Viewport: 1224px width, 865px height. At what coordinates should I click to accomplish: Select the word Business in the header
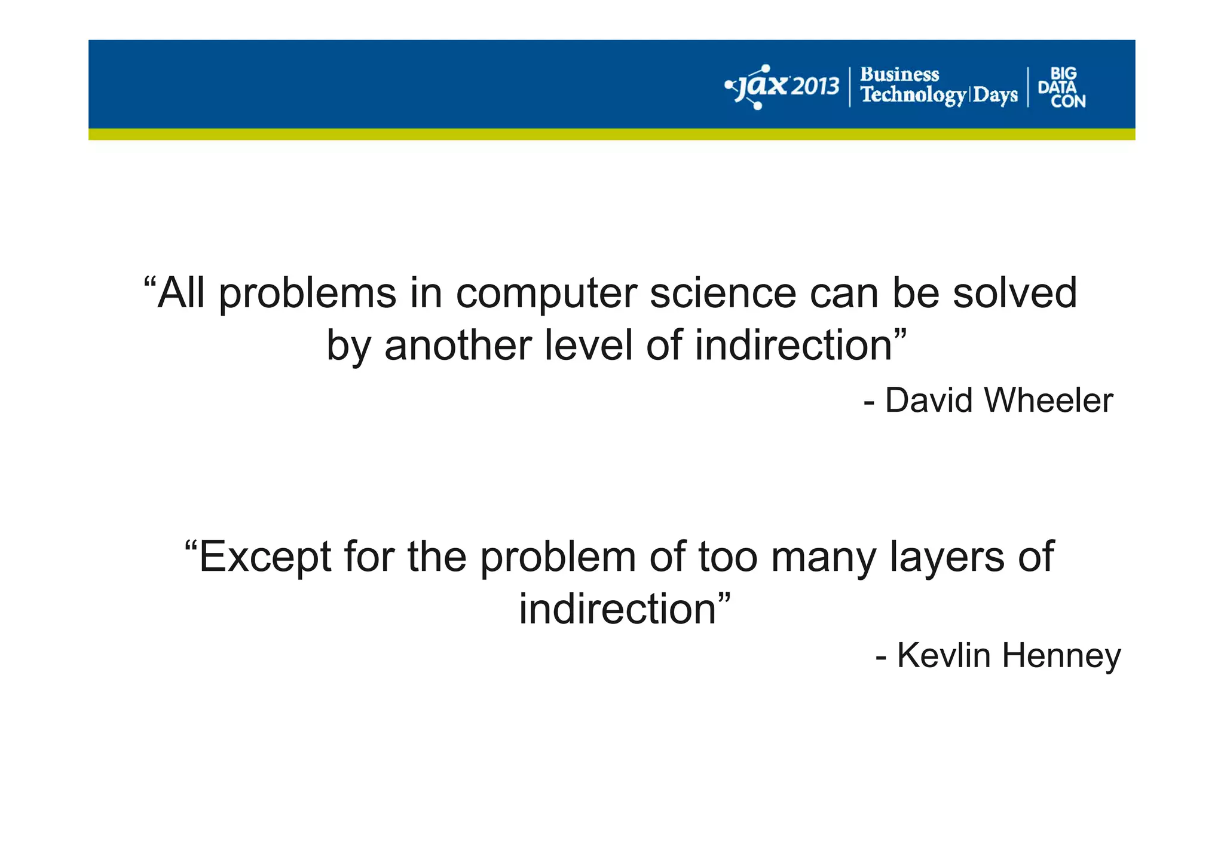pyautogui.click(x=899, y=75)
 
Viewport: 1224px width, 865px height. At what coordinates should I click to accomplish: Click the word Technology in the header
pyautogui.click(x=913, y=96)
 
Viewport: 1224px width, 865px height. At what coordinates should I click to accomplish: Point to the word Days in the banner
pyautogui.click(x=995, y=96)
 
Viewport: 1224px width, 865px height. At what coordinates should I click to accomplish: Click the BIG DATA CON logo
pyautogui.click(x=1061, y=87)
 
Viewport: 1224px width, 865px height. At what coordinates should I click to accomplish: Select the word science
pyautogui.click(x=723, y=294)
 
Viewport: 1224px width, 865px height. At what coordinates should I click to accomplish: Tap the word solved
pyautogui.click(x=1014, y=294)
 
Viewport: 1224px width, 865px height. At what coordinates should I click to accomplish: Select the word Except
pyautogui.click(x=264, y=557)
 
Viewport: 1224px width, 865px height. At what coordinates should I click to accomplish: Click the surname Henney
pyautogui.click(x=1061, y=655)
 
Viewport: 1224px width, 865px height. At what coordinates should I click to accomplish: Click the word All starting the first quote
pyautogui.click(x=180, y=294)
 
